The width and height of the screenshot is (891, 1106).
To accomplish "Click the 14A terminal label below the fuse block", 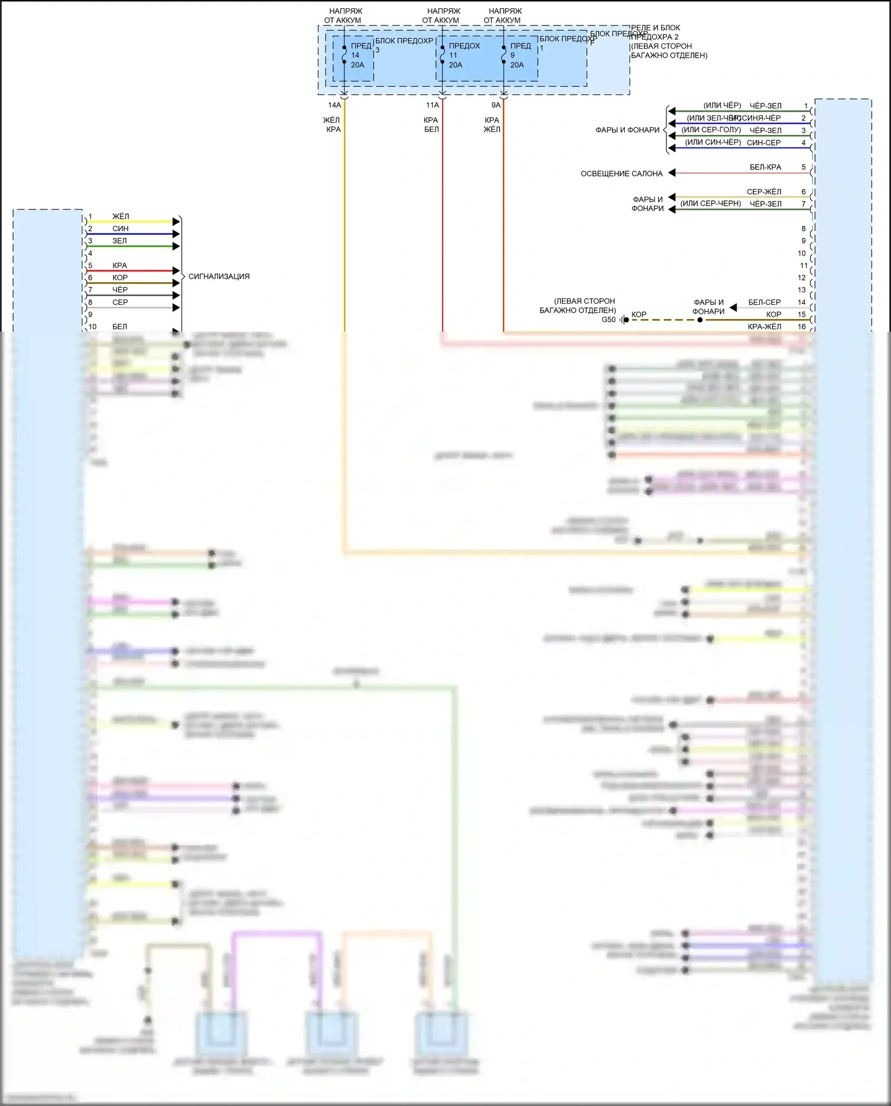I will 334,105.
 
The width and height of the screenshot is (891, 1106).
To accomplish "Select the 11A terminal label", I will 432,105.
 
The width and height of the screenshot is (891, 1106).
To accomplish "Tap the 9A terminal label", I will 495,105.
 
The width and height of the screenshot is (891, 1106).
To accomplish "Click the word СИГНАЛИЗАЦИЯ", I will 219,276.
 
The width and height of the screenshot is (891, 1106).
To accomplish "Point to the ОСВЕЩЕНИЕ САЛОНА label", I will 621,174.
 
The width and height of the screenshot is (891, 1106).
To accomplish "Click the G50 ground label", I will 609,320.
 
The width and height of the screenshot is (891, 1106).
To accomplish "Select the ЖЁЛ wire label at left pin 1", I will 121,216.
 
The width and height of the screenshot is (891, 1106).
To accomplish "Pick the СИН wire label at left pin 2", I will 121,229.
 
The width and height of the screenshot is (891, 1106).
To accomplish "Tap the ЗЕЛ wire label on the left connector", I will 119,241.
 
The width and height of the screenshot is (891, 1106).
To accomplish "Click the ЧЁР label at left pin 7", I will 120,290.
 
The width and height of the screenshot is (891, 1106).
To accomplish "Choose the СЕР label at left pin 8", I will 120,302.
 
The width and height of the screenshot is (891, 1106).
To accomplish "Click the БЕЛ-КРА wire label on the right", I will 765,167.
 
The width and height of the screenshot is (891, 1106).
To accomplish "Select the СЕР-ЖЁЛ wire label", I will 764,192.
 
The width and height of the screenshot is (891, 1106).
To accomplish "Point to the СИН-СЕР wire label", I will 764,143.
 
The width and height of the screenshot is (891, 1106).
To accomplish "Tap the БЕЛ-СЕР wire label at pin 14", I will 764,303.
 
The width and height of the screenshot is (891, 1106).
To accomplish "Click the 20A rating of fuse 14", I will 358,65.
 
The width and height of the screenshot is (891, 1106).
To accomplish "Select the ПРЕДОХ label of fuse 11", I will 465,46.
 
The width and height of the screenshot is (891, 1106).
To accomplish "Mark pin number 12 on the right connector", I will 802,278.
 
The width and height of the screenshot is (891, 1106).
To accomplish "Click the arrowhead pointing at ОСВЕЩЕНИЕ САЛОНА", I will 672,173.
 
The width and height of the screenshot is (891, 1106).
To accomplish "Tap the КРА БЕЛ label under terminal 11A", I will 431,125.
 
